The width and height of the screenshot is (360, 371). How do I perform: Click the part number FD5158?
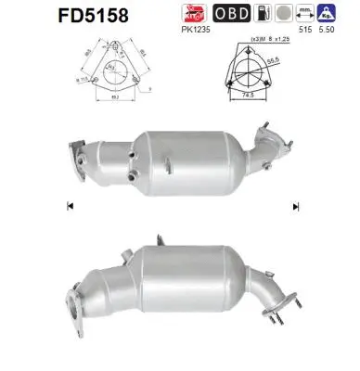(x=52, y=16)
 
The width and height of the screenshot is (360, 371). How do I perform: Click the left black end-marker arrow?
(x=70, y=205)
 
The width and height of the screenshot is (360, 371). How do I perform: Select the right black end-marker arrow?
(x=294, y=205)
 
